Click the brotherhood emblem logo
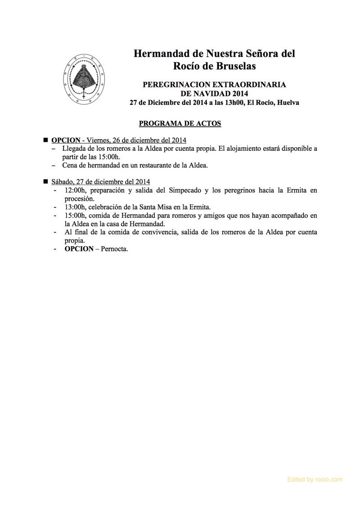[85, 78]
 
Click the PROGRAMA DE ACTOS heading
[180, 123]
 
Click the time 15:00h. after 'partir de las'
[108, 157]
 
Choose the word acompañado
[288, 216]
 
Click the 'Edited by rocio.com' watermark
[315, 480]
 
